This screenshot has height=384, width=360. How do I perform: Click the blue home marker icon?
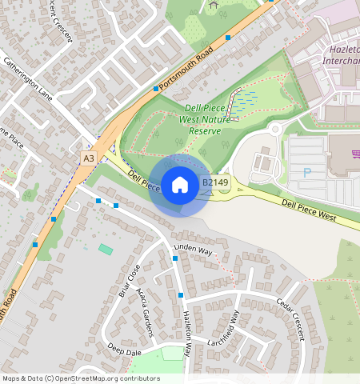(180, 186)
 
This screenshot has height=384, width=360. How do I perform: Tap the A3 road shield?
(89, 159)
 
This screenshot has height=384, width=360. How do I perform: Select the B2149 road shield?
(215, 183)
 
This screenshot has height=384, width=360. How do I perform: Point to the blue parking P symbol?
(306, 173)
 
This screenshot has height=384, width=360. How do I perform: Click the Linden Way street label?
(194, 250)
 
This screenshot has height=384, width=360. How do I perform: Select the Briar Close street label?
(130, 281)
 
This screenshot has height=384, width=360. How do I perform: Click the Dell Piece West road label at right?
(308, 209)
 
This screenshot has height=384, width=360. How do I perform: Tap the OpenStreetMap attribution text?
(81, 378)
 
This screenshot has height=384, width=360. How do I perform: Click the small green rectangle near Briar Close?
(106, 250)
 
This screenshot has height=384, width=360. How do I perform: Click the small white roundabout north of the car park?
(275, 129)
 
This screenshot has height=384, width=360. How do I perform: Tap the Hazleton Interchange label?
(344, 56)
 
